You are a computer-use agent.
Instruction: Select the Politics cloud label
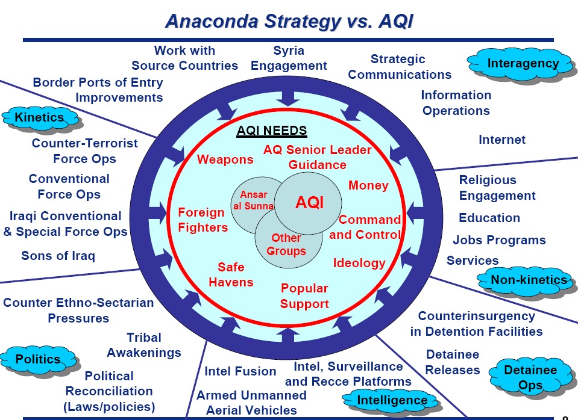pyautogui.click(x=39, y=359)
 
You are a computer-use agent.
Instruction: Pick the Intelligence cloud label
pyautogui.click(x=392, y=400)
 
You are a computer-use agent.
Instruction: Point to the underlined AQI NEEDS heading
pyautogui.click(x=272, y=131)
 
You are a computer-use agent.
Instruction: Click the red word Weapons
pyautogui.click(x=225, y=159)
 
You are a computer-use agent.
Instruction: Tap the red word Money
pyautogui.click(x=368, y=185)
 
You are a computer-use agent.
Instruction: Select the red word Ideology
pyautogui.click(x=359, y=263)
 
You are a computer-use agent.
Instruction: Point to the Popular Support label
pyautogui.click(x=304, y=296)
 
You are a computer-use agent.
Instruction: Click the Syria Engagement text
pyautogui.click(x=289, y=58)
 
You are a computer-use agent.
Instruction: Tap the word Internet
pyautogui.click(x=502, y=140)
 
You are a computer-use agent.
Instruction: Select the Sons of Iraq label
pyautogui.click(x=58, y=256)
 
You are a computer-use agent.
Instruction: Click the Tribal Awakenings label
pyautogui.click(x=144, y=345)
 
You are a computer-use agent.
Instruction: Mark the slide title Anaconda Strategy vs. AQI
pyautogui.click(x=289, y=21)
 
